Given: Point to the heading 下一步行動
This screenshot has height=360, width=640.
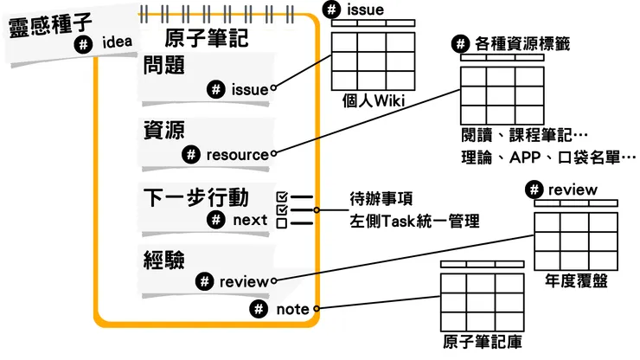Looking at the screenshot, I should click(205, 196).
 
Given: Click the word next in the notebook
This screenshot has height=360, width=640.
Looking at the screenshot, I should click(250, 220).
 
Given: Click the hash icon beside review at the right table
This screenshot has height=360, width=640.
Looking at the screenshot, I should click(534, 190).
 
